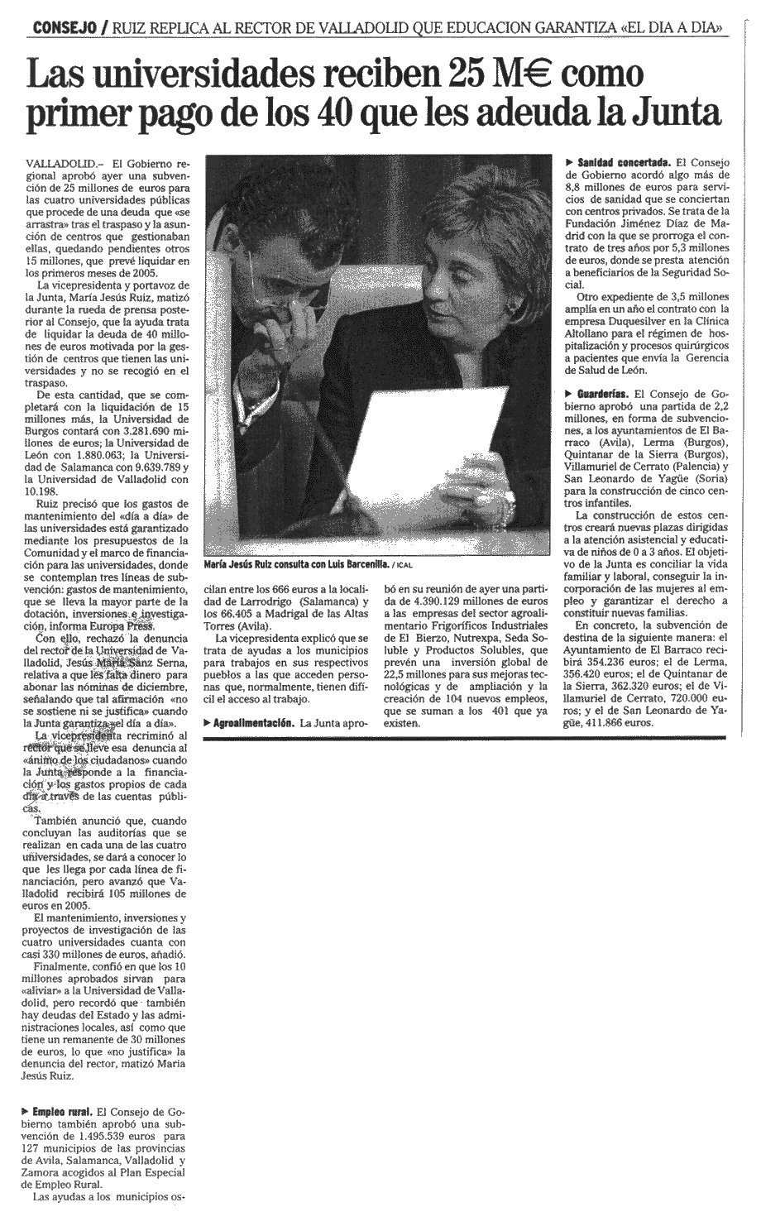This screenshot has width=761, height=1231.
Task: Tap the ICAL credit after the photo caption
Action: click(x=403, y=566)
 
